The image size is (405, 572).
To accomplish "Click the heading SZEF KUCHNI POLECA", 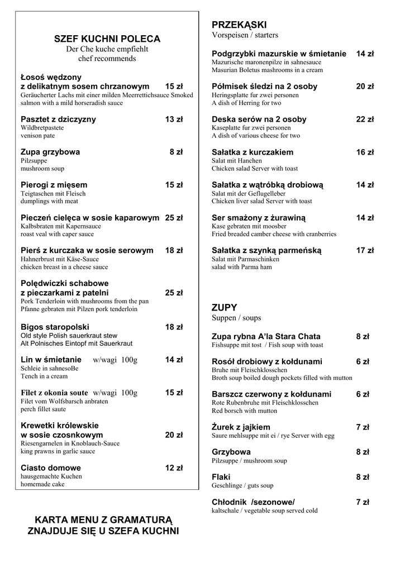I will [x=107, y=39].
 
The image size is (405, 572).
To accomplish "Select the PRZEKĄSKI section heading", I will [x=239, y=25].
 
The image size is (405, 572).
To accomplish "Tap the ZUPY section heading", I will [x=225, y=308].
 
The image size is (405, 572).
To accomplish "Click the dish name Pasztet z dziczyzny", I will [x=58, y=120].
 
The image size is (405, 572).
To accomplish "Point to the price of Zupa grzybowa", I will [x=176, y=152].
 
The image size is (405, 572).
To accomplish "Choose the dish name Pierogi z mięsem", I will [x=54, y=185].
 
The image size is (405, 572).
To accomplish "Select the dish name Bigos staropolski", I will [x=55, y=327].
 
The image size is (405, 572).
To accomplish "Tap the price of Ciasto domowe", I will [x=174, y=468].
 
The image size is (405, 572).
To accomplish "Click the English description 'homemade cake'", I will [x=42, y=484].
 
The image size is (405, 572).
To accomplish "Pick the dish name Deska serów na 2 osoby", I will [x=259, y=120].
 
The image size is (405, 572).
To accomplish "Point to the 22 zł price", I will [x=365, y=120].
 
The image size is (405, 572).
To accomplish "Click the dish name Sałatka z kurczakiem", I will [x=252, y=152].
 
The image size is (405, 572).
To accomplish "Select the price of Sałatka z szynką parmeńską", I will [x=365, y=251].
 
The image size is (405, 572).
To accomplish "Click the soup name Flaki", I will [x=221, y=477].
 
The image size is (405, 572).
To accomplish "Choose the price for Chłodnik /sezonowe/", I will [x=363, y=502].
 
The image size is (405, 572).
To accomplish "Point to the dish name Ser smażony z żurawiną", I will [x=259, y=218].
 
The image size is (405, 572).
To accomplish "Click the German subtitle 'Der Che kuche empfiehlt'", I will [x=107, y=49].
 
